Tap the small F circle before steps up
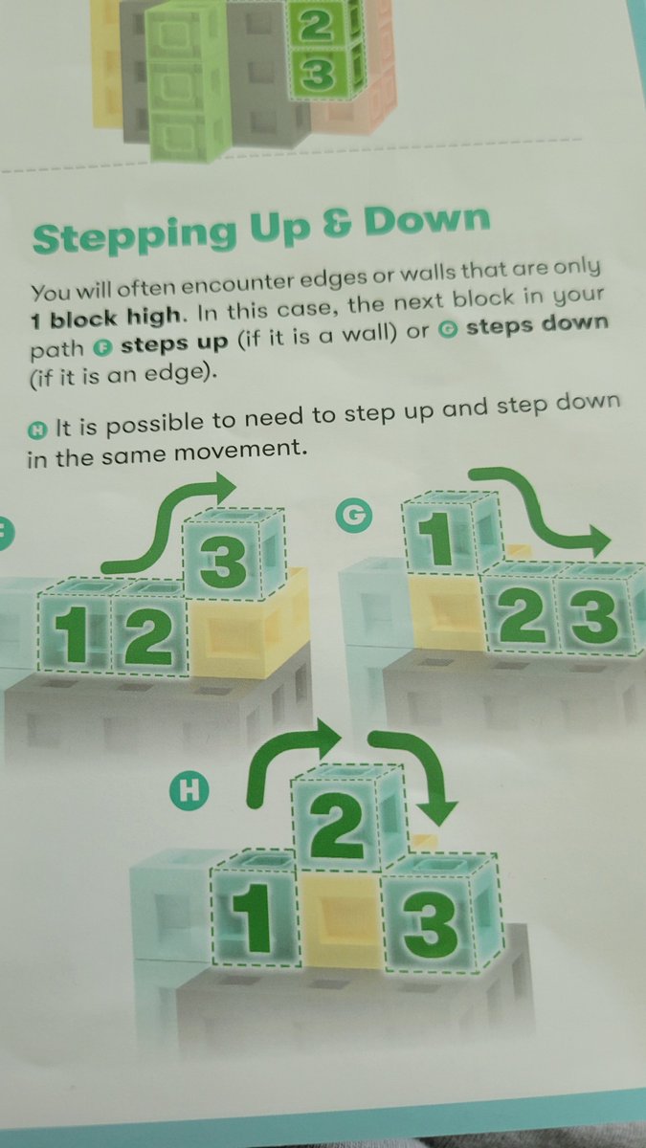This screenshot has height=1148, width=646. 103,348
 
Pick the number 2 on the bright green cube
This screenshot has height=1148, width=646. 315,27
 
